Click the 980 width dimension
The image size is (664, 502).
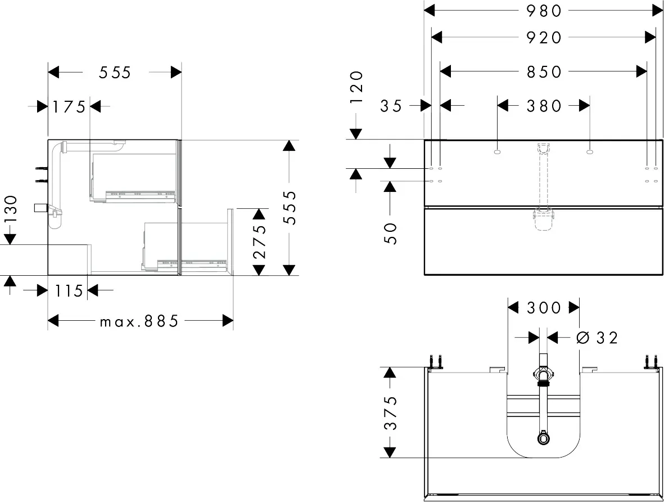pyautogui.click(x=544, y=11)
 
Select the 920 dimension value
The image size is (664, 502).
pyautogui.click(x=544, y=38)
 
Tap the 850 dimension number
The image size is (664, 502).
pyautogui.click(x=544, y=71)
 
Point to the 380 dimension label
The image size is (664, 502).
pyautogui.click(x=544, y=106)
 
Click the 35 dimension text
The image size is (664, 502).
pyautogui.click(x=391, y=106)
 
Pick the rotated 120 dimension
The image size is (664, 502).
pyautogui.click(x=357, y=87)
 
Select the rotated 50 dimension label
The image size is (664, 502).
pyautogui.click(x=391, y=233)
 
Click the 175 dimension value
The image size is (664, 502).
pyautogui.click(x=69, y=106)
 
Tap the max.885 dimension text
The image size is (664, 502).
pyautogui.click(x=139, y=321)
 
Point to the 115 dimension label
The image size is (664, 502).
pyautogui.click(x=69, y=291)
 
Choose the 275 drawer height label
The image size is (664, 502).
pyautogui.click(x=259, y=241)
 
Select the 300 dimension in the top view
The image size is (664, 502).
pyautogui.click(x=544, y=307)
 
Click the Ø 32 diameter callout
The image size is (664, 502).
pyautogui.click(x=597, y=338)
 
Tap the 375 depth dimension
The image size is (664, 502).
pyautogui.click(x=390, y=413)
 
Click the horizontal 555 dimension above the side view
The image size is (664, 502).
pyautogui.click(x=115, y=73)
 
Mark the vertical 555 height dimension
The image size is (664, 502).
pyautogui.click(x=290, y=208)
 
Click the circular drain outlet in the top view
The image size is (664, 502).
pyautogui.click(x=543, y=438)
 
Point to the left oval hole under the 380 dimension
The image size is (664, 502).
pyautogui.click(x=497, y=151)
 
